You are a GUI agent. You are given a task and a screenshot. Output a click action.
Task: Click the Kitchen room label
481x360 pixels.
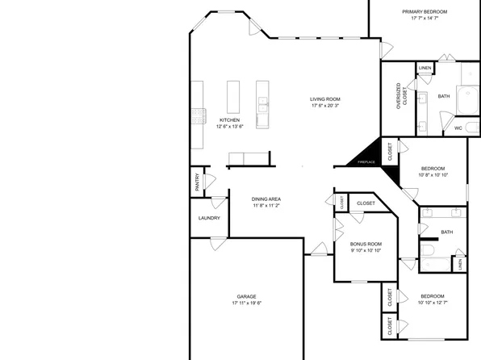click(229, 119)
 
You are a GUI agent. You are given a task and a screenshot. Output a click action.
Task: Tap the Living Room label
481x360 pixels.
click(325, 99)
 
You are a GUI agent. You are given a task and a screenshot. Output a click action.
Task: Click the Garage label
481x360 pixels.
click(246, 296)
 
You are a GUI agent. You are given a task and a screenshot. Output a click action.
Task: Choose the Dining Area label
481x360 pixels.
click(266, 199)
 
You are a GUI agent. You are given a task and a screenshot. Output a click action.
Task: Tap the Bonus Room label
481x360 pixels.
click(366, 244)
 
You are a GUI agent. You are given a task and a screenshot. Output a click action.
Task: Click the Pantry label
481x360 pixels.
click(197, 183)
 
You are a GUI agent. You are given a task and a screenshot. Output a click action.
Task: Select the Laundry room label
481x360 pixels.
click(209, 218)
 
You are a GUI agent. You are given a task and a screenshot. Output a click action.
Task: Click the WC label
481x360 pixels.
click(458, 128)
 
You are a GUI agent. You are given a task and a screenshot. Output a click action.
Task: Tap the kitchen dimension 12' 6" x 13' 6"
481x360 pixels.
click(229, 127)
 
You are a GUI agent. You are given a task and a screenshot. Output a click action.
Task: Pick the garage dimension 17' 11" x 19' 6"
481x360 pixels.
click(246, 303)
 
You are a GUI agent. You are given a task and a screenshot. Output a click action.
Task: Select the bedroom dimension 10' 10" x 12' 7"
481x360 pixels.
click(432, 303)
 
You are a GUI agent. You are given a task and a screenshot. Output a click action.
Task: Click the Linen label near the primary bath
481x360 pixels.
click(425, 68)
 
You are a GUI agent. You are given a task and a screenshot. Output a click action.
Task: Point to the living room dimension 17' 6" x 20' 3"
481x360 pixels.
click(325, 107)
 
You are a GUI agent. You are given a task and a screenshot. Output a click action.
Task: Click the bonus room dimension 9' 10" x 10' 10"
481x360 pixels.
click(366, 250)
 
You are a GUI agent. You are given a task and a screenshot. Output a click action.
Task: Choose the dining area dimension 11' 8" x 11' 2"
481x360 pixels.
click(266, 206)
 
